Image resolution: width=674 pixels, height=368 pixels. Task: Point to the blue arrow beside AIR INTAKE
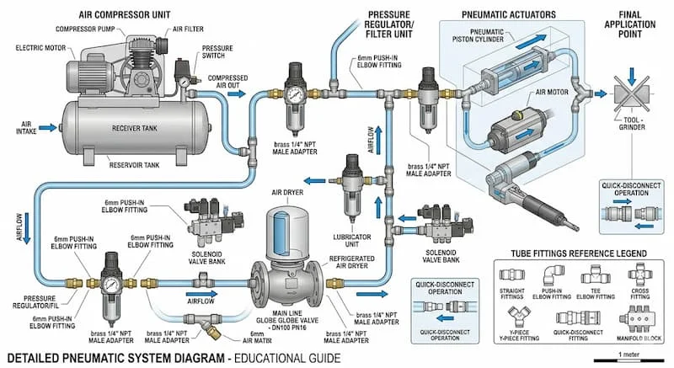pyautogui.click(x=47, y=127)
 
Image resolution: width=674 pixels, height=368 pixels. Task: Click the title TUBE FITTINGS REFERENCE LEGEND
pyautogui.click(x=578, y=253)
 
